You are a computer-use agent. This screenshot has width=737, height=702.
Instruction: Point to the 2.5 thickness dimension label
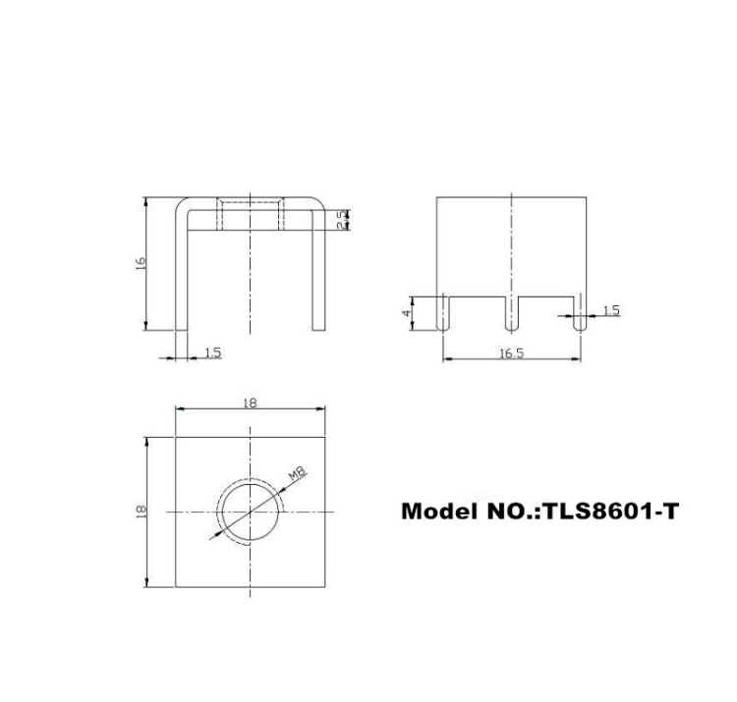point(341,221)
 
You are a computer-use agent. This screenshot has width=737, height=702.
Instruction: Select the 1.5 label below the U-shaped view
point(212,352)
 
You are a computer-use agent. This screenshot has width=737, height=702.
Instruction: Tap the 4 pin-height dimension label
point(405,314)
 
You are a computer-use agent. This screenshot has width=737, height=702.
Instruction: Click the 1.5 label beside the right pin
point(610,310)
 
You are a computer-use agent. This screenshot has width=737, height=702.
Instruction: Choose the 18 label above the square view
point(250,403)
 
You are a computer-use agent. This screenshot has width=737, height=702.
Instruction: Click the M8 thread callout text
point(298,476)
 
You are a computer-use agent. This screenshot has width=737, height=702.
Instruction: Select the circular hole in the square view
point(250,512)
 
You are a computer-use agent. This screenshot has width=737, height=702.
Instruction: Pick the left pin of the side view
point(443,313)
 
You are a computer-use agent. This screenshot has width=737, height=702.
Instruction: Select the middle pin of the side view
point(511,313)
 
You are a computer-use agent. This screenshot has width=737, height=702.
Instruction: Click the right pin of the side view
point(580,313)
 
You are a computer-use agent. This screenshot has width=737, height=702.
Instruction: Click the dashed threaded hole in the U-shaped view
point(251,214)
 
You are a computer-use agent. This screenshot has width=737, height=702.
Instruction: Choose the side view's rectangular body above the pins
point(511,245)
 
